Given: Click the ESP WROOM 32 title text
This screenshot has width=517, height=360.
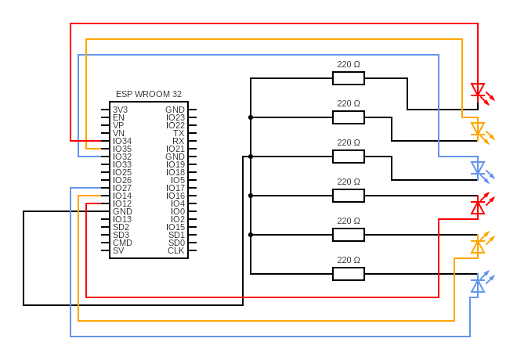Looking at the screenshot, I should (149, 94).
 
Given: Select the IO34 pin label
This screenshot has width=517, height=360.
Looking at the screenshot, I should (122, 141).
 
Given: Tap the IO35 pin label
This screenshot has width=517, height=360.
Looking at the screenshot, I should (122, 149).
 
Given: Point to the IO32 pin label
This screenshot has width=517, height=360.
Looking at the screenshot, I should (122, 157).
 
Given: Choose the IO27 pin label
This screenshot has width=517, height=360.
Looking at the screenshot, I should (122, 188).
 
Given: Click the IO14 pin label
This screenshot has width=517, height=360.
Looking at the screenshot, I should (122, 196).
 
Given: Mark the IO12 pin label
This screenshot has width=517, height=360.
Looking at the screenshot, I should (122, 203).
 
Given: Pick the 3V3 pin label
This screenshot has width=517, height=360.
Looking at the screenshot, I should (121, 110).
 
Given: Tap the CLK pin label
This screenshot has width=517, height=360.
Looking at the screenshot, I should (176, 250).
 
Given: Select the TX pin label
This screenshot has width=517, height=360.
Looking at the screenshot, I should (179, 133).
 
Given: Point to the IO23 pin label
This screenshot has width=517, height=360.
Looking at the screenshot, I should (175, 117).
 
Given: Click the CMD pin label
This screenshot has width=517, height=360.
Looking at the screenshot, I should (122, 243).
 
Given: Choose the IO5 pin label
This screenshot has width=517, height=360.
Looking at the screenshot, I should (178, 180).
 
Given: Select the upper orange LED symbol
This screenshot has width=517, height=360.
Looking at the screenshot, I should (478, 129).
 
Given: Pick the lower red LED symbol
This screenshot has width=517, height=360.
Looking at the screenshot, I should (478, 207).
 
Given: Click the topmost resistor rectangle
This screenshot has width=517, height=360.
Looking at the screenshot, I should (349, 78).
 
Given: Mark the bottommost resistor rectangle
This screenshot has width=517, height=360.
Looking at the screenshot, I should (349, 274).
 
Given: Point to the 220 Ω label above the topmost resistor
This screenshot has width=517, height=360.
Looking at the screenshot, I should (349, 64).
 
